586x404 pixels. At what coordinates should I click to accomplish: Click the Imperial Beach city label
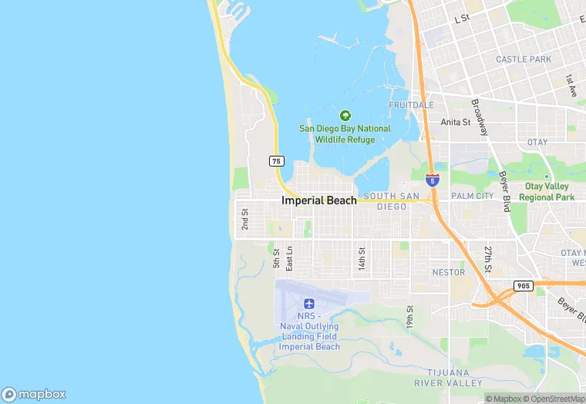pos(319,200)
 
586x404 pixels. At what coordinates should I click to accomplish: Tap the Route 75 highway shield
pos(277,161)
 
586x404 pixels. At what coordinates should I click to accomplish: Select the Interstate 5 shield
pos(433,180)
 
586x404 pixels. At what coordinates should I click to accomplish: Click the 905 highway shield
pos(523,286)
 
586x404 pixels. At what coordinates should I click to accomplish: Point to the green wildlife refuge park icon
pos(345,116)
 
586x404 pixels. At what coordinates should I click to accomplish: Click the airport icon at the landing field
pos(309,304)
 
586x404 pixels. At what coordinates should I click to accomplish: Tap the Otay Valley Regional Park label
pos(547,192)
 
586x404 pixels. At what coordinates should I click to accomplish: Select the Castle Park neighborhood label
pos(524,59)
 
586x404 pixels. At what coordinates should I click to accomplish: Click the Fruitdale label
pos(411,105)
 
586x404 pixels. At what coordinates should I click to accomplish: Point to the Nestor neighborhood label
pos(448,272)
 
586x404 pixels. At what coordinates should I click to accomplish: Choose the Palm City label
pos(472,196)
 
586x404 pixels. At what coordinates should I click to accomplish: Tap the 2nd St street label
pos(244,219)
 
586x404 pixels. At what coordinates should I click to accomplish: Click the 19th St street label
pos(410,318)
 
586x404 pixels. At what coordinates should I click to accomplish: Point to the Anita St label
pos(455,122)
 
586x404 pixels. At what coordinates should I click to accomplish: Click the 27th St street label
pos(488,259)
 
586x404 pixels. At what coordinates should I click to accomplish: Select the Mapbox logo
pos(34,393)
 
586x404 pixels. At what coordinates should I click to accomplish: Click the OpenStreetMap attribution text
pos(553,399)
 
